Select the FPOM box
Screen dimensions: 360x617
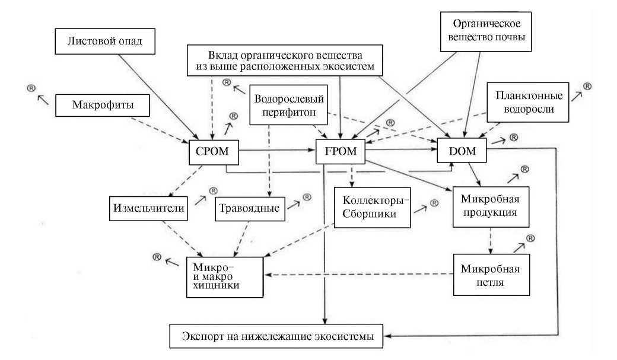pos(341,152)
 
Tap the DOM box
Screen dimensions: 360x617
pos(461,152)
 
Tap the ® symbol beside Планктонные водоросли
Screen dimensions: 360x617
pos(587,87)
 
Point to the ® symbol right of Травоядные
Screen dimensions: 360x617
pos(307,197)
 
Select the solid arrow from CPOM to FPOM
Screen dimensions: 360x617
pos(277,151)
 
